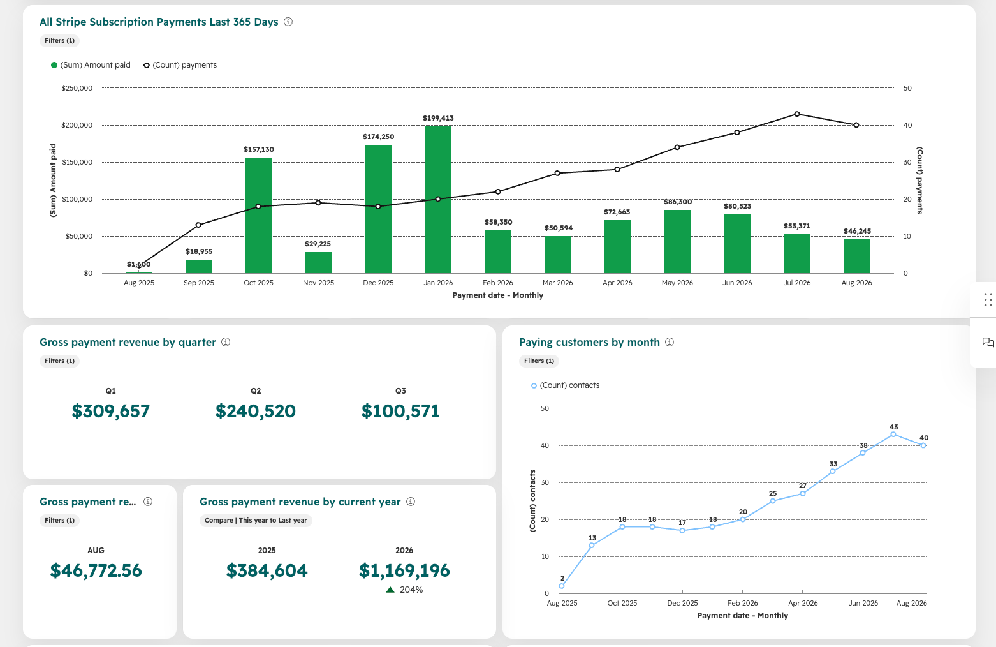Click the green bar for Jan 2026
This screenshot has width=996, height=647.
point(438,200)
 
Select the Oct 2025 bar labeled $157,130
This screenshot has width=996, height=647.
point(258,216)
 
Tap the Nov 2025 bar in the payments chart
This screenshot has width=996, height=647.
point(318,262)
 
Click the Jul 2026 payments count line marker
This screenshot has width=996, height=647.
point(797,114)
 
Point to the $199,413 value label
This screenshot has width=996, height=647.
point(438,118)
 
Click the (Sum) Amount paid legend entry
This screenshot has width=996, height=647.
point(91,65)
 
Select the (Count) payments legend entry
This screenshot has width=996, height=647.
point(180,65)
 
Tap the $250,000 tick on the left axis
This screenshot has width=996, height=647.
point(77,88)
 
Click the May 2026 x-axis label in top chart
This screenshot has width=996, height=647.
point(677,283)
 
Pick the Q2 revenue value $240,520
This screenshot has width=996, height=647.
point(255,411)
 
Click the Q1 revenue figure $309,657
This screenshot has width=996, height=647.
point(111,411)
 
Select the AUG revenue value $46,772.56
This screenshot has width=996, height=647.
point(96,570)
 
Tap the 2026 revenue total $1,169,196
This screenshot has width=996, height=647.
point(404,570)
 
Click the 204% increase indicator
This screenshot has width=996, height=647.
point(404,590)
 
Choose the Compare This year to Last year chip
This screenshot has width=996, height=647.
point(256,520)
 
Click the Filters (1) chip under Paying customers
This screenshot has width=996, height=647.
point(539,361)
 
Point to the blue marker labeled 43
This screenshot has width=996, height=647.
point(893,435)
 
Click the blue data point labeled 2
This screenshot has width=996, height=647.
point(562,586)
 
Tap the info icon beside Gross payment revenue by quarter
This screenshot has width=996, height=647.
point(226,342)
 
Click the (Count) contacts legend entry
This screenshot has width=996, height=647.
point(565,385)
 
